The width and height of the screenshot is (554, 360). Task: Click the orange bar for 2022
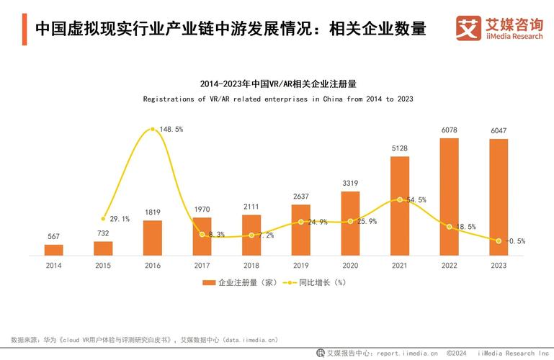pyautogui.click(x=449, y=197)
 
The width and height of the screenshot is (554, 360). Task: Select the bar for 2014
pyautogui.click(x=54, y=250)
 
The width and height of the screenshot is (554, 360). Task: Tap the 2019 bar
pyautogui.click(x=301, y=230)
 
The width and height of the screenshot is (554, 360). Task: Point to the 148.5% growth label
pyautogui.click(x=171, y=129)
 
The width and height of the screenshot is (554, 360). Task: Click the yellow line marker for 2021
pyautogui.click(x=400, y=199)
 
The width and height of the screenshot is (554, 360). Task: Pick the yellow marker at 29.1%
pyautogui.click(x=103, y=218)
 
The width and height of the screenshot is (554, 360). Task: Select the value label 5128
pyautogui.click(x=400, y=148)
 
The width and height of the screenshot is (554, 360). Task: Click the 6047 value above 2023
pyautogui.click(x=499, y=130)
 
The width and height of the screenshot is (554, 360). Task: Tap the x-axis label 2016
pyautogui.click(x=153, y=266)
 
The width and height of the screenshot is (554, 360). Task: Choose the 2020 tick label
pyautogui.click(x=350, y=266)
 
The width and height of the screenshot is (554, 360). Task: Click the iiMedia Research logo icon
pyautogui.click(x=468, y=28)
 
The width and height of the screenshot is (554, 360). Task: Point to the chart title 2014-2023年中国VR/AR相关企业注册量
pyautogui.click(x=278, y=84)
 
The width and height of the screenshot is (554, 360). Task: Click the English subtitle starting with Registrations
pyautogui.click(x=278, y=99)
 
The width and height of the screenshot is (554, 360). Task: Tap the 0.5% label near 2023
pyautogui.click(x=515, y=240)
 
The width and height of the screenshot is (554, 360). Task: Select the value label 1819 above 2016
pyautogui.click(x=152, y=212)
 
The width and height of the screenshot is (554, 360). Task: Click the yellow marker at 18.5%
pyautogui.click(x=449, y=227)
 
